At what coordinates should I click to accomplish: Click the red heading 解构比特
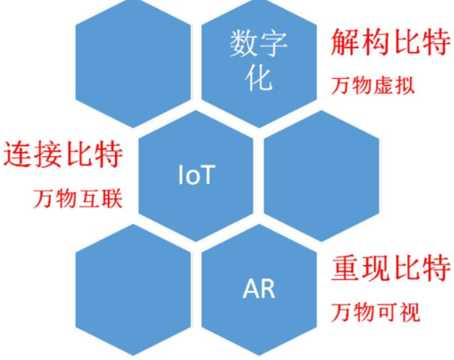click(391, 42)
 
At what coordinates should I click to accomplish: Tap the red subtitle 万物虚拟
click(373, 85)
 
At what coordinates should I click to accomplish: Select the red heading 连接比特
click(63, 155)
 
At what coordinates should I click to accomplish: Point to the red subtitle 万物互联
click(78, 198)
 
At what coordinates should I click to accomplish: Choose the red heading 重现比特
click(391, 268)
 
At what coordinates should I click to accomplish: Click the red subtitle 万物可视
click(376, 313)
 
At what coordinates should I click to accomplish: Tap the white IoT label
click(197, 175)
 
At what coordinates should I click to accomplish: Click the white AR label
click(259, 289)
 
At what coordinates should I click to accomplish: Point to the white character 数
click(243, 44)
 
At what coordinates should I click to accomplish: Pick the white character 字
click(273, 44)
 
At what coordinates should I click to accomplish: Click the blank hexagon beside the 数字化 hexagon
click(133, 62)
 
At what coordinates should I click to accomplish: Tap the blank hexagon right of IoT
click(321, 176)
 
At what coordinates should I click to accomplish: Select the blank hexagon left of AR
click(133, 290)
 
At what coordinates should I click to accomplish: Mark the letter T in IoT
click(207, 175)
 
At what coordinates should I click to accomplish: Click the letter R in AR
click(268, 289)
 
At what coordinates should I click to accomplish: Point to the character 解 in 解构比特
click(345, 42)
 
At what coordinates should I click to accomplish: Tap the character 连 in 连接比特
click(18, 155)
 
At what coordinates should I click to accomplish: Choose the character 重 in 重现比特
click(346, 268)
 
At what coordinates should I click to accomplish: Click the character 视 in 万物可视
click(410, 313)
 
